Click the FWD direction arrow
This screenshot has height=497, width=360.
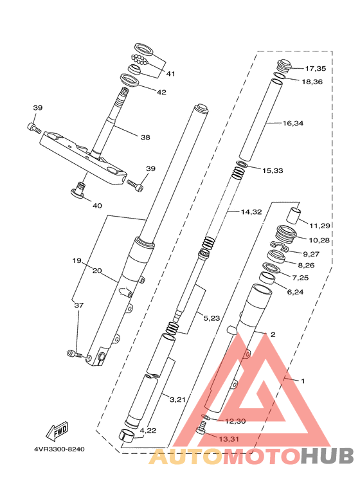[x=57, y=431]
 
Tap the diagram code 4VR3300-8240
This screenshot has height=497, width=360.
[x=60, y=449]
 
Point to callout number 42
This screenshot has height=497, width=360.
[x=161, y=92]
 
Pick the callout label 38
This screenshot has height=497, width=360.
[x=145, y=137]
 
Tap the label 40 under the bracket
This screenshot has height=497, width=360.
[x=97, y=206]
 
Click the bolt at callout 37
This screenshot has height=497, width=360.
[x=75, y=354]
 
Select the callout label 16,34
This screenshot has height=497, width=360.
[x=293, y=123]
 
